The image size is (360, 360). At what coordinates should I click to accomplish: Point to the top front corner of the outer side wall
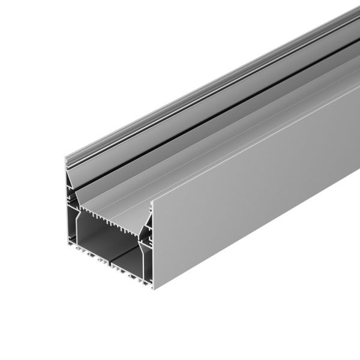152,202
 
